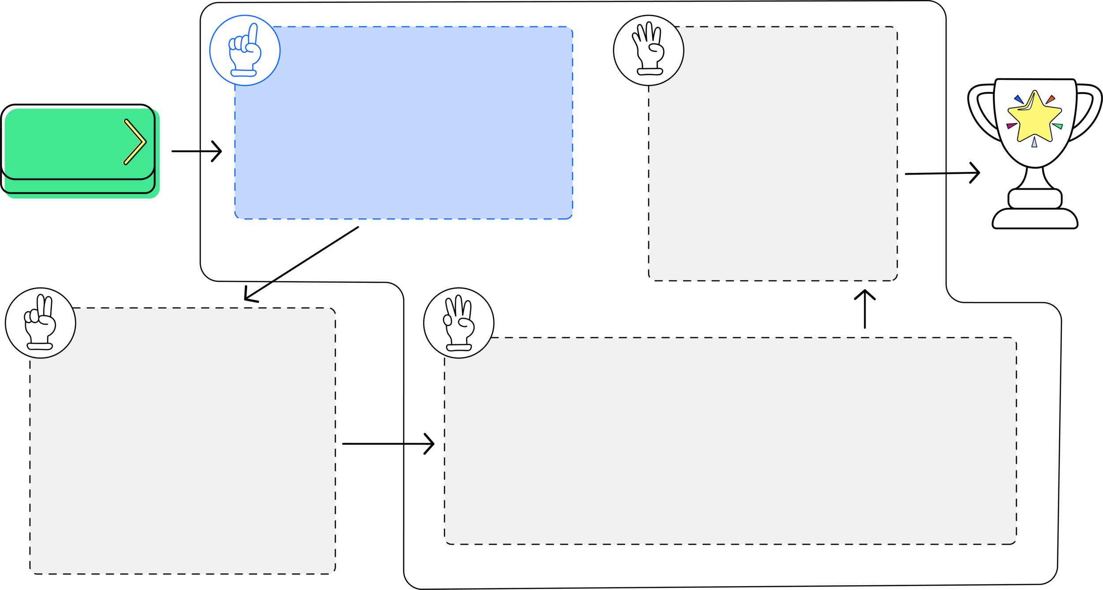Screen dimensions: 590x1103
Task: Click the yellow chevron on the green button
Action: point(135,142)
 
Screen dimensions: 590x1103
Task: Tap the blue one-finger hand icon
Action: point(245,50)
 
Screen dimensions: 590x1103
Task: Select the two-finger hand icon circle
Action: point(41,323)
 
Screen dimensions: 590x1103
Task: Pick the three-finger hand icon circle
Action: point(459,323)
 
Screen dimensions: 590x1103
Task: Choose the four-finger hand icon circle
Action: point(649,50)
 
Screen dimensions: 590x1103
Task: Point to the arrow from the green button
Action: point(197,151)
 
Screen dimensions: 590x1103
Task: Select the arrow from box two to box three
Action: point(388,444)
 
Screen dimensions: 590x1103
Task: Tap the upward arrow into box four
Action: point(865,309)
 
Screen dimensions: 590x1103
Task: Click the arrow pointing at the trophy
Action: point(942,173)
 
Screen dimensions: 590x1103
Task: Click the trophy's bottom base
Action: point(1035,219)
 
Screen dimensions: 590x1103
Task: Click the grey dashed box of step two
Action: point(183,441)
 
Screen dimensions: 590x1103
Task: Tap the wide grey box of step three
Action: point(730,441)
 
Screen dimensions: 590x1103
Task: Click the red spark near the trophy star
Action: point(1050,99)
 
